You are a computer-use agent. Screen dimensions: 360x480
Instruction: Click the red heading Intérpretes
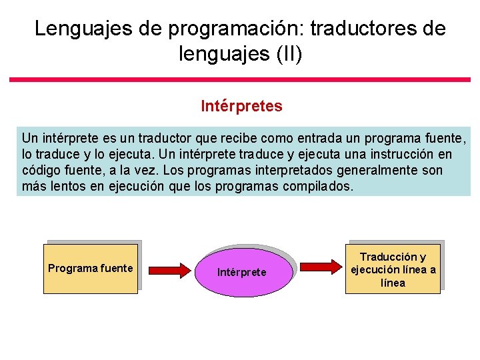(x=241, y=106)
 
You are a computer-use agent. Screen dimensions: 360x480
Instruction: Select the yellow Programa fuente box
(x=90, y=269)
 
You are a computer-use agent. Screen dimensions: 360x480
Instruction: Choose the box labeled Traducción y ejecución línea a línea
(x=393, y=269)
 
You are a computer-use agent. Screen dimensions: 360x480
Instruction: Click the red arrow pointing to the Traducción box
(x=321, y=267)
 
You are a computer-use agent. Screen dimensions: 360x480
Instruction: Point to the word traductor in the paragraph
(x=163, y=139)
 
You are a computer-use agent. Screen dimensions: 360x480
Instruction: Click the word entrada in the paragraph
(x=307, y=139)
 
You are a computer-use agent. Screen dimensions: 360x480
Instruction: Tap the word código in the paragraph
(x=42, y=171)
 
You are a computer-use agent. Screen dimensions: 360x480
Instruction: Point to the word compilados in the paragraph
(x=318, y=187)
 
